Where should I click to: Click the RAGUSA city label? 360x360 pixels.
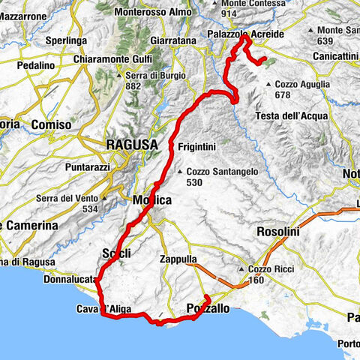click(x=131, y=144)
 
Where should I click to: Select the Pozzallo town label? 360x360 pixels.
click(x=208, y=307)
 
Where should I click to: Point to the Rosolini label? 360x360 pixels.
click(x=278, y=232)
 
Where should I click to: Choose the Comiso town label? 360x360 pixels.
click(x=52, y=124)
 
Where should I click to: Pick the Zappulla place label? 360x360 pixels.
click(x=178, y=259)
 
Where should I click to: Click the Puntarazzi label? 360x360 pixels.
click(x=104, y=168)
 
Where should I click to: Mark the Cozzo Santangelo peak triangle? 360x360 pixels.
click(x=179, y=170)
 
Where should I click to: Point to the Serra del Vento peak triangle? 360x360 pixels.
click(x=104, y=198)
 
